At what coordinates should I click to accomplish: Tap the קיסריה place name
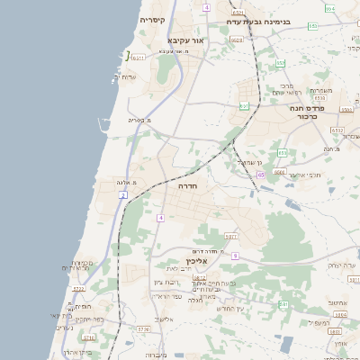click(151, 20)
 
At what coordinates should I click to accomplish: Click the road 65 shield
click(260, 175)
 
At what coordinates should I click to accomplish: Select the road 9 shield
click(235, 256)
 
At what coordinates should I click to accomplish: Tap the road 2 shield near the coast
click(122, 194)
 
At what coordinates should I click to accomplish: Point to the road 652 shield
click(281, 63)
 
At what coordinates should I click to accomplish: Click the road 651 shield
click(242, 106)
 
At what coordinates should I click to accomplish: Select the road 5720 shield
click(78, 289)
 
